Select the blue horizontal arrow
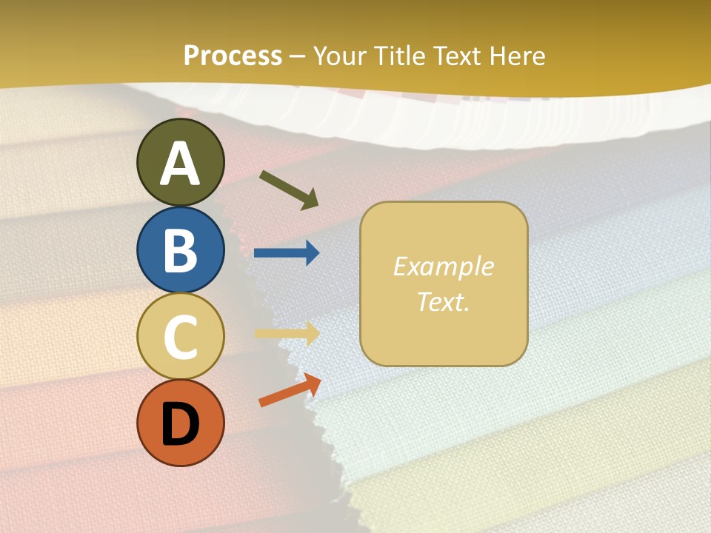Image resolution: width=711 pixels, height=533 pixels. (287, 253)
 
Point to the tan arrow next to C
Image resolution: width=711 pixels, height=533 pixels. (287, 333)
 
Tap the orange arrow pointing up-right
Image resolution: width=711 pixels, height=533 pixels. (290, 390)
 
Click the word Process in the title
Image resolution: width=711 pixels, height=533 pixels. (233, 56)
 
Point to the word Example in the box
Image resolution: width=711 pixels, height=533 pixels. (443, 266)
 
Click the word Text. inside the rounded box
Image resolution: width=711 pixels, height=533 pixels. (443, 301)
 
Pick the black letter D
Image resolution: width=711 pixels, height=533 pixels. (180, 425)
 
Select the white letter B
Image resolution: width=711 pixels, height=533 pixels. (180, 250)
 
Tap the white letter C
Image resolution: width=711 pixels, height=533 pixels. (180, 337)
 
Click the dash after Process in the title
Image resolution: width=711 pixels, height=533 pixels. (298, 57)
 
